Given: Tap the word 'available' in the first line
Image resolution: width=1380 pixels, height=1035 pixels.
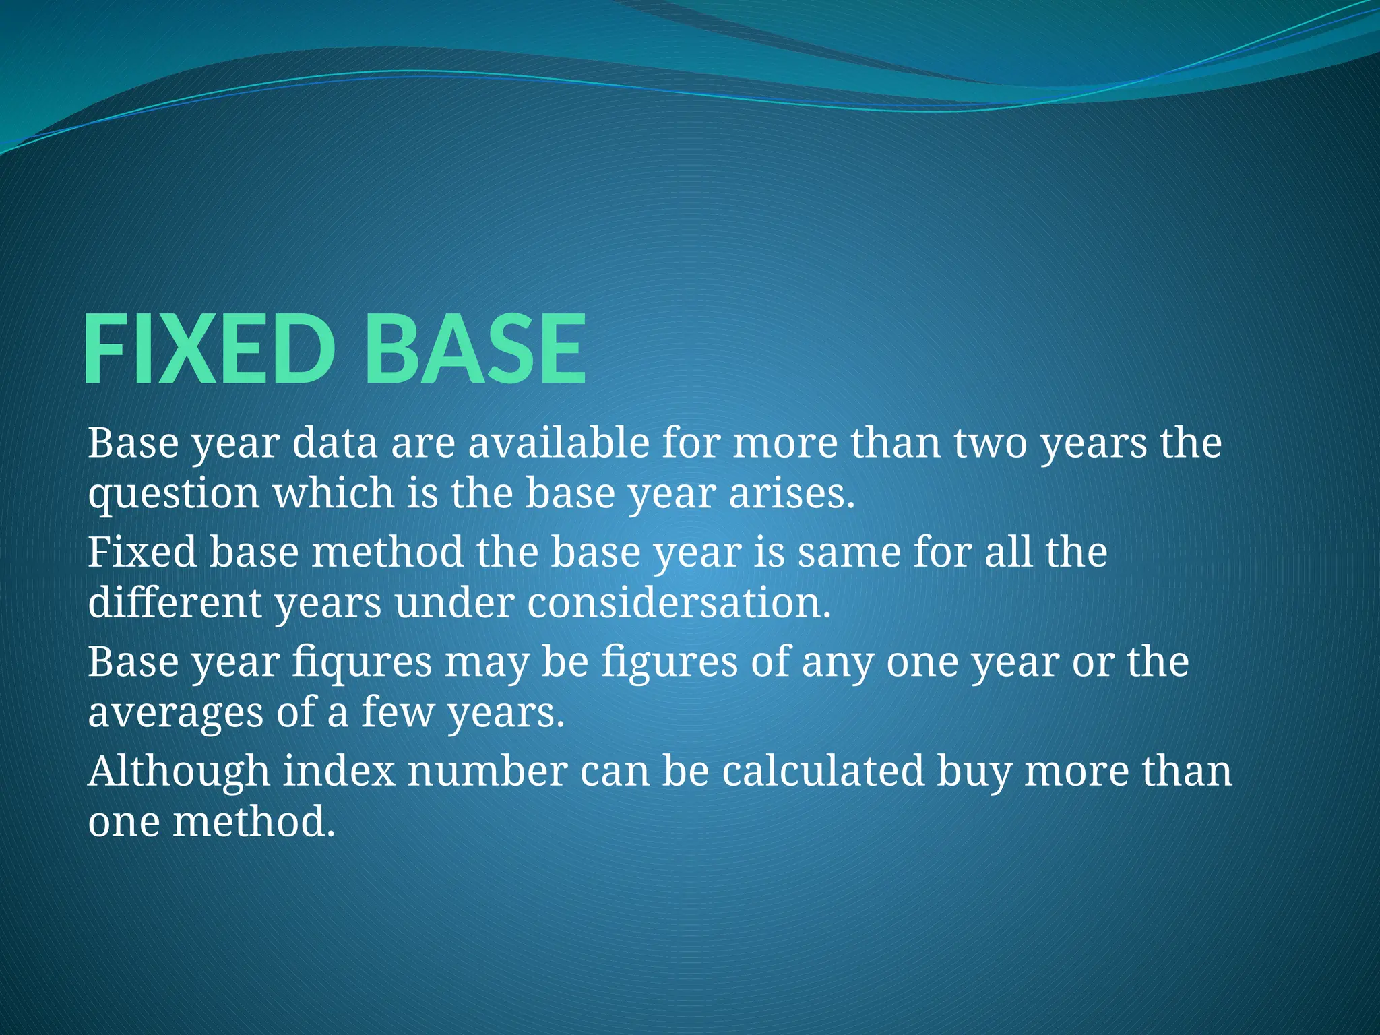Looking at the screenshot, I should [x=559, y=443].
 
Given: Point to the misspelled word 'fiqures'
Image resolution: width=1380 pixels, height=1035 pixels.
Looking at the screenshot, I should [x=362, y=662].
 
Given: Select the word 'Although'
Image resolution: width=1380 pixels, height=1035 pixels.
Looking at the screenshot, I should [x=179, y=772].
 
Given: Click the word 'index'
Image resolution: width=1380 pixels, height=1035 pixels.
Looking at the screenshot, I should [x=338, y=772].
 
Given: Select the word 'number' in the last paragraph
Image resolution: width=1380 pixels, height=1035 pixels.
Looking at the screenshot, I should [x=487, y=772].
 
